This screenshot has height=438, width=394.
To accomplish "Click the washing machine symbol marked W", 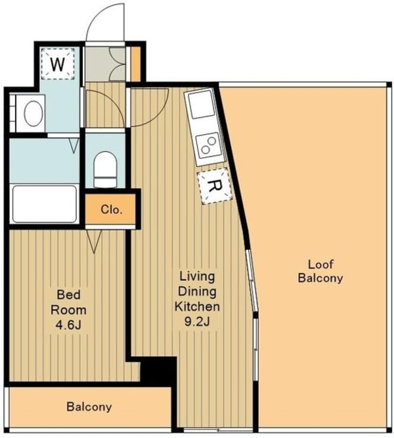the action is click(58, 64).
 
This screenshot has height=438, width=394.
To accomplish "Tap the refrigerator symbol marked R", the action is click(215, 185).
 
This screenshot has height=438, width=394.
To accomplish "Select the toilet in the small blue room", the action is click(105, 169).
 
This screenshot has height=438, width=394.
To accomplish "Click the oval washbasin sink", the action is click(33, 113).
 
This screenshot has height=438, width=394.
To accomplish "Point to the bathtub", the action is click(45, 204).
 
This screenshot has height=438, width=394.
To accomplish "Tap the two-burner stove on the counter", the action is click(209, 145).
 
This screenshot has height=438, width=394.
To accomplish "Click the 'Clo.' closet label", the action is click(112, 210).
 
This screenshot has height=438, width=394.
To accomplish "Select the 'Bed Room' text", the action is click(68, 303).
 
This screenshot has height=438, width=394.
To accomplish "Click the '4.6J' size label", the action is click(68, 325).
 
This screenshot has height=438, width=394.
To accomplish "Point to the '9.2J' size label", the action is click(197, 322).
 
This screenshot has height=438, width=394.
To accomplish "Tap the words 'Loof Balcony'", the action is click(320, 271).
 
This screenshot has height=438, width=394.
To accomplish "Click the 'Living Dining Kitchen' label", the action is click(197, 291).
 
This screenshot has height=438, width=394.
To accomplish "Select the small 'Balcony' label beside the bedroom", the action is click(89, 406).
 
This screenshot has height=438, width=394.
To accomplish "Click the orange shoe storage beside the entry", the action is click(136, 64).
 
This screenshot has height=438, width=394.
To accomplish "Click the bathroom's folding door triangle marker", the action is click(74, 145).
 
